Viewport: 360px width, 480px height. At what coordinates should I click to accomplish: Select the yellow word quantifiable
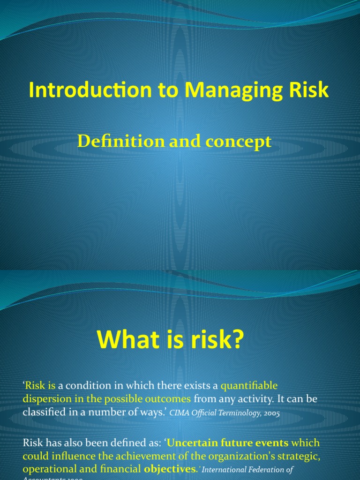click(249, 385)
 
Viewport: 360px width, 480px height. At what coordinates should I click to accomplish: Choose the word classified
click(44, 412)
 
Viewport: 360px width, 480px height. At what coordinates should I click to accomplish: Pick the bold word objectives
click(170, 470)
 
